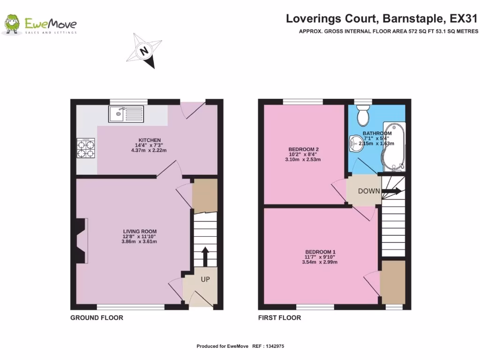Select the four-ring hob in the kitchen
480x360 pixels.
pyautogui.click(x=86, y=148)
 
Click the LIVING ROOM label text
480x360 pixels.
pyautogui.click(x=140, y=232)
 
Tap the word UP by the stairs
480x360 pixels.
pyautogui.click(x=205, y=279)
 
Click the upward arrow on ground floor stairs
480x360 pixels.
pyautogui.click(x=205, y=256)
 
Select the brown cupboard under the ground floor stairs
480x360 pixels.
pyautogui.click(x=205, y=193)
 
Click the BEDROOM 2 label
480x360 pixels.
pyautogui.click(x=300, y=150)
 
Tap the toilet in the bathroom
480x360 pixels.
pyautogui.click(x=362, y=114)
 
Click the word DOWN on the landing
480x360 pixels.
pyautogui.click(x=369, y=191)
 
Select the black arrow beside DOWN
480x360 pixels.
pyautogui.click(x=392, y=191)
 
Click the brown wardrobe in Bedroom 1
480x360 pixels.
pyautogui.click(x=392, y=282)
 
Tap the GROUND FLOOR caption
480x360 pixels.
pyautogui.click(x=97, y=318)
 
